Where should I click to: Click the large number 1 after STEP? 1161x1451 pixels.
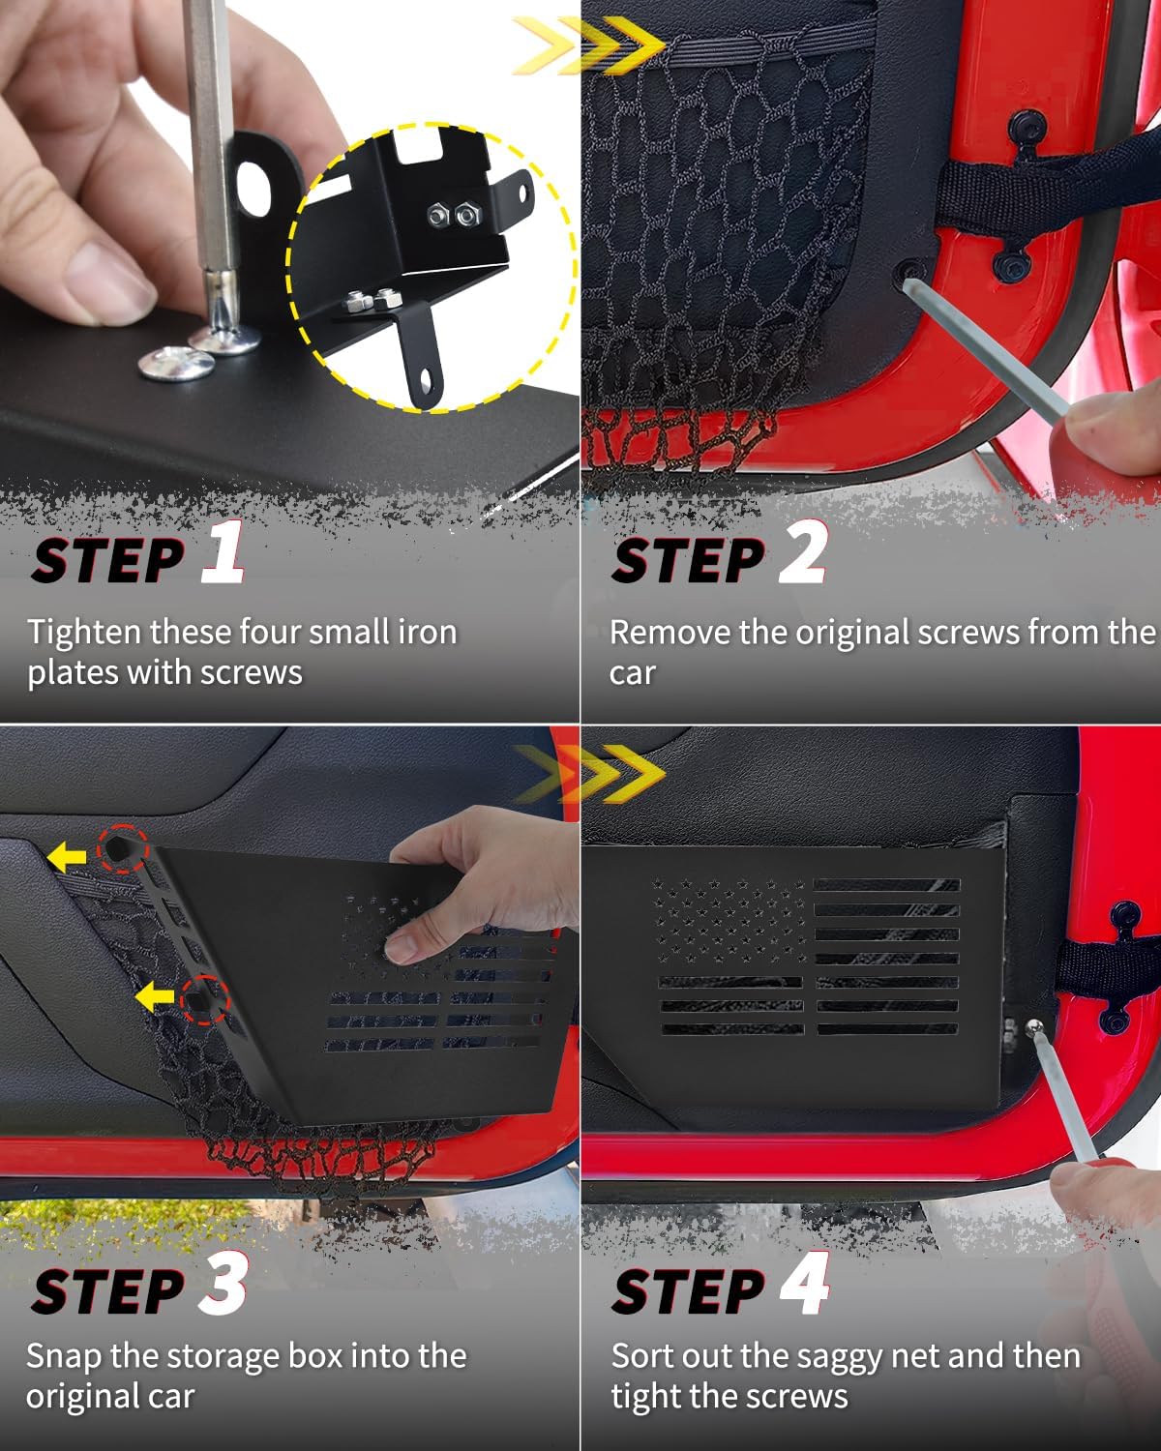pyautogui.click(x=223, y=552)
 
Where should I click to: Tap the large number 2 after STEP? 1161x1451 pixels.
pyautogui.click(x=804, y=552)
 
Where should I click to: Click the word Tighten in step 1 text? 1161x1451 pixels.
pyautogui.click(x=83, y=632)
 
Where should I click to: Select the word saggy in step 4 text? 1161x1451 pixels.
pyautogui.click(x=798, y=1356)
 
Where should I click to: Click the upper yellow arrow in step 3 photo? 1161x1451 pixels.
pyautogui.click(x=67, y=854)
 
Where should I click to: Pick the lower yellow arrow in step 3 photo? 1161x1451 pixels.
pyautogui.click(x=155, y=995)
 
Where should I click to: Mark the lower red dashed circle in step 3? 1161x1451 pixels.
pyautogui.click(x=204, y=999)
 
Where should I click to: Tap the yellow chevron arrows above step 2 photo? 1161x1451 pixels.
pyautogui.click(x=589, y=44)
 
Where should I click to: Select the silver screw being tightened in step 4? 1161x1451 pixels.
pyautogui.click(x=1034, y=1028)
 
